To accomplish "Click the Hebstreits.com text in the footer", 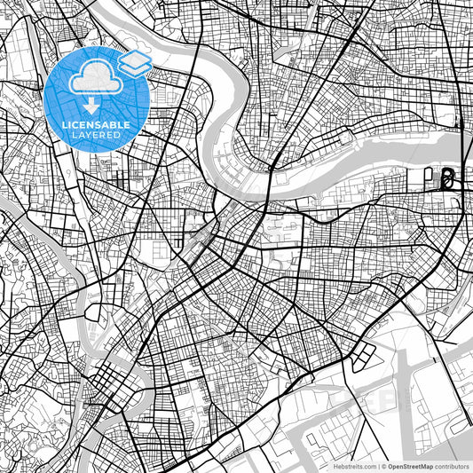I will click(x=351, y=465).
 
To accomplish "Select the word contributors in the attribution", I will click(x=453, y=465).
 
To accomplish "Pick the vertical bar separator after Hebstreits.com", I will click(x=377, y=465).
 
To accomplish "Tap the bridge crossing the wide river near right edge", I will click(x=462, y=142).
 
